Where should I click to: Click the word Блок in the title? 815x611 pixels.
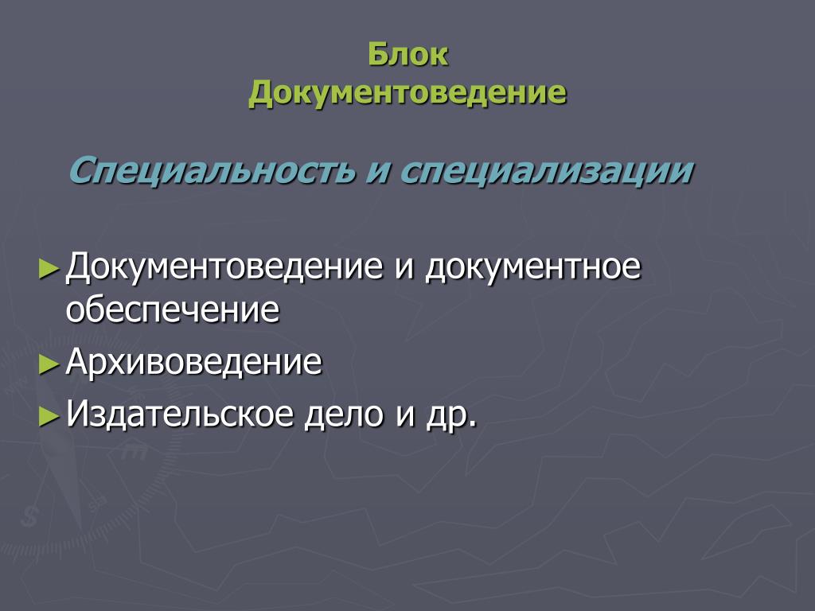[x=408, y=54]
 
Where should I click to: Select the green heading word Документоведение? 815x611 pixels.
[x=407, y=93]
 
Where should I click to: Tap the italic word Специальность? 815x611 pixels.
[x=212, y=170]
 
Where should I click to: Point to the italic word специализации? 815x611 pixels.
[x=547, y=170]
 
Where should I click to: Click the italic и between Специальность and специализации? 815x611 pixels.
[x=378, y=172]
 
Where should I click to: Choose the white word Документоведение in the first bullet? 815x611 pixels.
[x=224, y=267]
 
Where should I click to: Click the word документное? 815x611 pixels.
[x=533, y=267]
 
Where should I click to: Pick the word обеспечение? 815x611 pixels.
[x=173, y=309]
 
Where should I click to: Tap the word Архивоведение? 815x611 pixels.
[x=194, y=361]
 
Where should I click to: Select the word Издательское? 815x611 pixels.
[x=180, y=414]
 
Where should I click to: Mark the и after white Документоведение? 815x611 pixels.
[x=404, y=268]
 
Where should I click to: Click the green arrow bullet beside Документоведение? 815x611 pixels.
[x=49, y=270]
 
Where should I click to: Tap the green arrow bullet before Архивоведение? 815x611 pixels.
[x=49, y=364]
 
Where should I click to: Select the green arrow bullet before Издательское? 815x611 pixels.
[x=49, y=417]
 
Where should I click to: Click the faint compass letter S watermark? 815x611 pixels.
[x=29, y=516]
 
